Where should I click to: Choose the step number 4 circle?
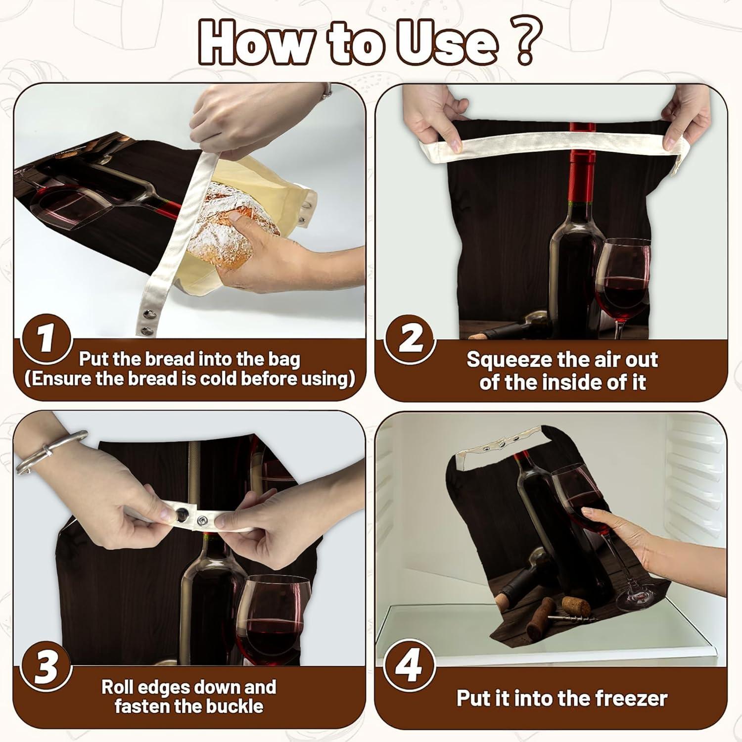[410, 666]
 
